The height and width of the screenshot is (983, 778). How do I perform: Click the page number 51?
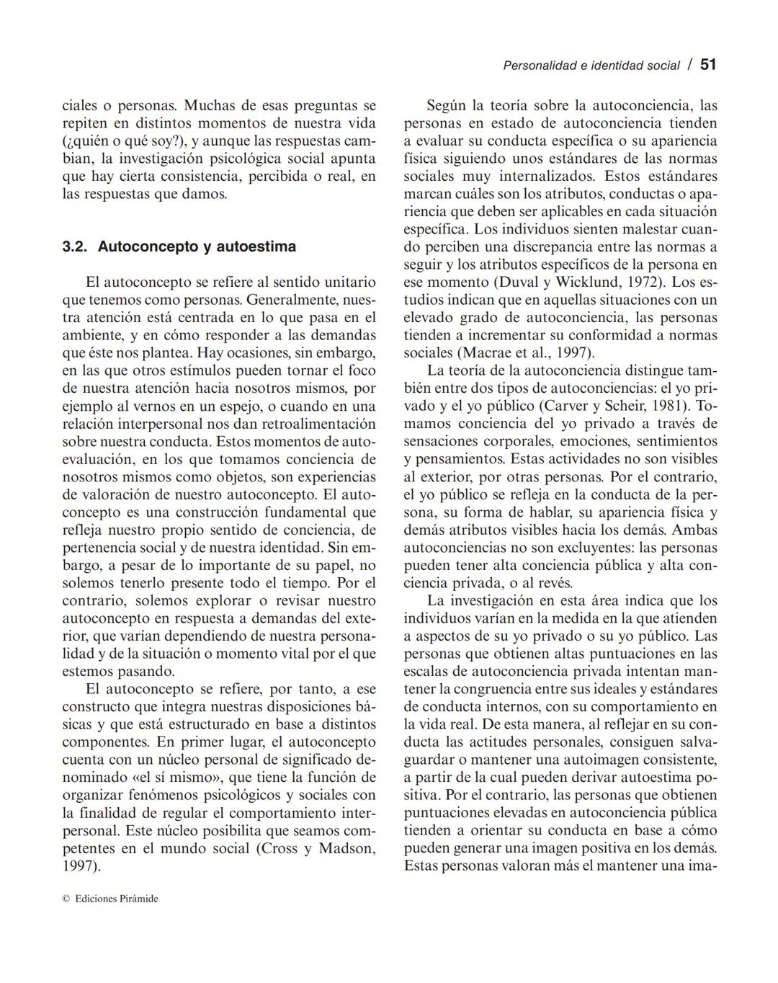tap(708, 65)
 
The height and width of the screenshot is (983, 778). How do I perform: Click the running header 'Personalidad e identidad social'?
tap(591, 66)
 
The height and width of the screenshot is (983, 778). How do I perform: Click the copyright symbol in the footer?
tap(66, 899)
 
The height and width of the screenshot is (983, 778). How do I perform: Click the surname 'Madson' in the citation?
tap(346, 848)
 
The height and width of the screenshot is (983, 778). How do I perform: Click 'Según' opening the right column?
tap(446, 106)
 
